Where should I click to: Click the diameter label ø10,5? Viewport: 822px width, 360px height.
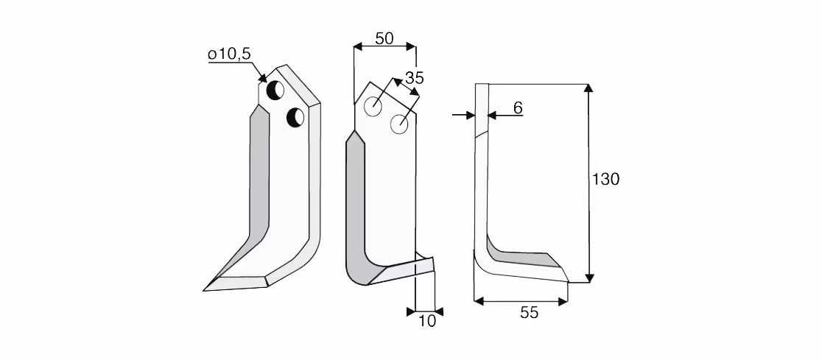(x=229, y=54)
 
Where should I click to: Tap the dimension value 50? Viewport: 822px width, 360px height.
(x=384, y=38)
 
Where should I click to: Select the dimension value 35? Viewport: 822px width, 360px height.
(x=414, y=77)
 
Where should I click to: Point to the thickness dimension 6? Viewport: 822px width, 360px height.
(x=517, y=108)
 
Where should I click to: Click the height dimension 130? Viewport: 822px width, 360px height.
(x=605, y=179)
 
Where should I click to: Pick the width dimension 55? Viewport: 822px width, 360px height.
(x=529, y=313)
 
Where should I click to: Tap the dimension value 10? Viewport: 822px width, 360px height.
(x=427, y=321)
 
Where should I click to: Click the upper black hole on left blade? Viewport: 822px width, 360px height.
(x=275, y=90)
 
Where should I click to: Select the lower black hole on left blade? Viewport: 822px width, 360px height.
(x=295, y=117)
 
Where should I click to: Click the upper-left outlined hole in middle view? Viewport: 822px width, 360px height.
(x=373, y=106)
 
